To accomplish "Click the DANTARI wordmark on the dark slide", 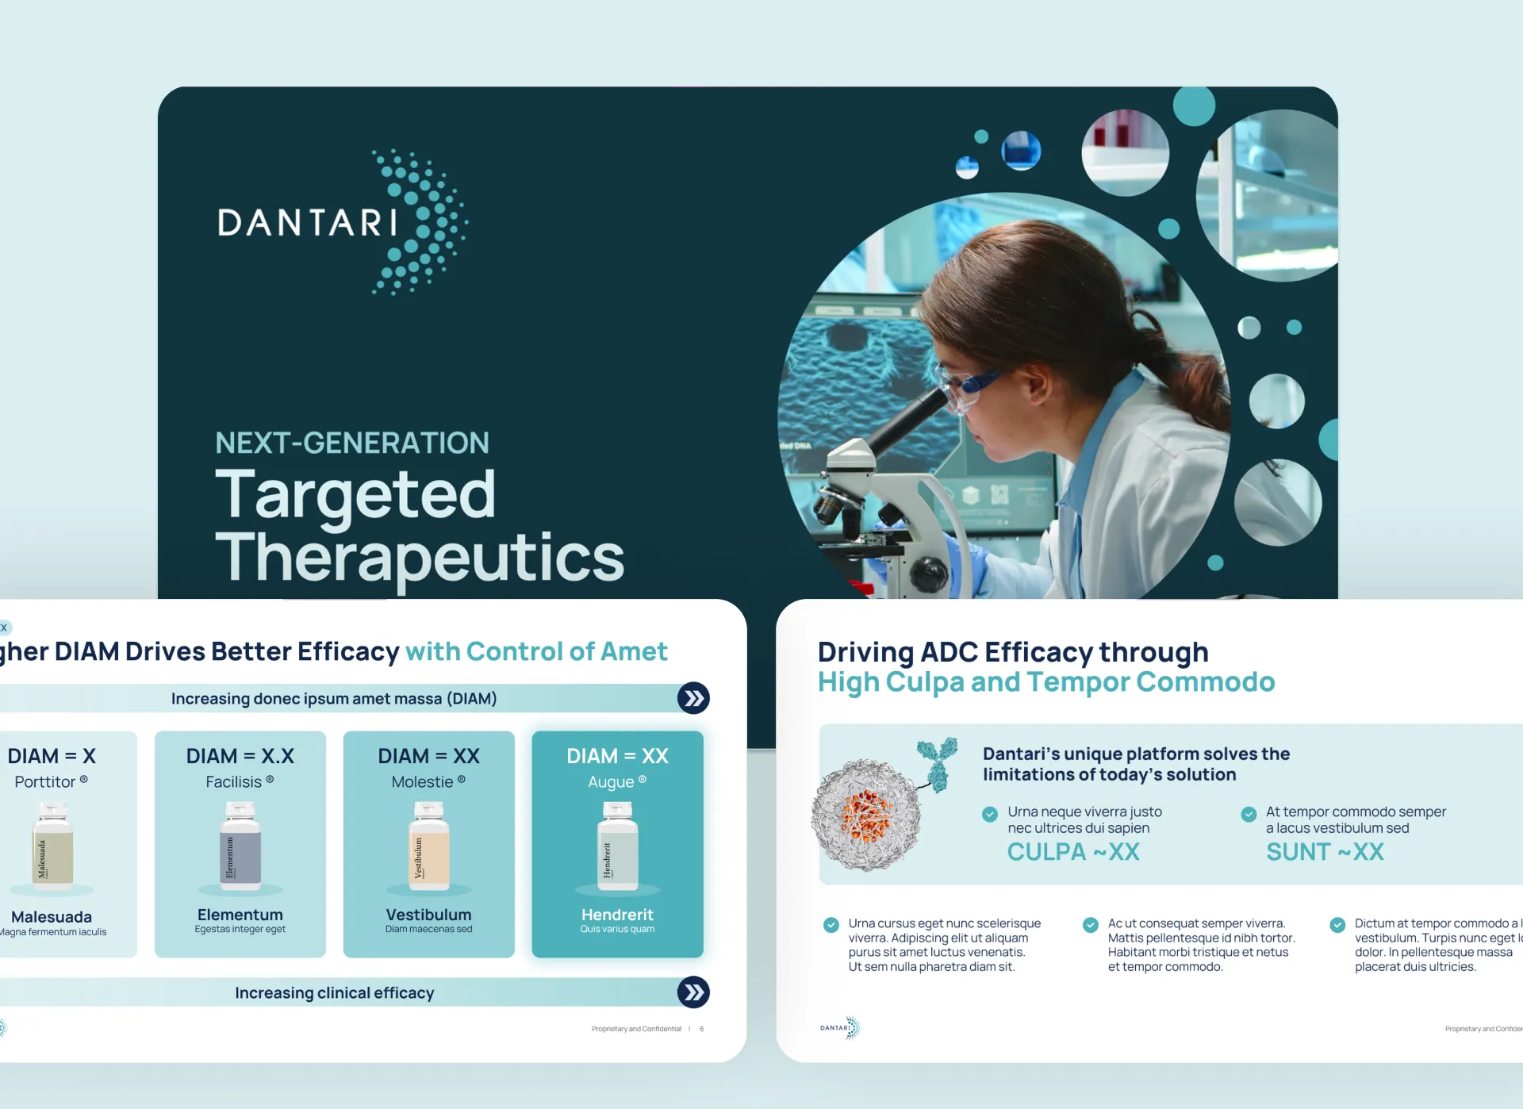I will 308,223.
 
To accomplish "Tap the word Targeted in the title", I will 355,494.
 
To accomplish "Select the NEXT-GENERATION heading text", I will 352,443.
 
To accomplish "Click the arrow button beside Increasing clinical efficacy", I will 693,992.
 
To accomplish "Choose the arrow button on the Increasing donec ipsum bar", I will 693,698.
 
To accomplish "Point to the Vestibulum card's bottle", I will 428,846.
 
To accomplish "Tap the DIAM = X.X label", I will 240,756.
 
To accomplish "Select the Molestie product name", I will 422,782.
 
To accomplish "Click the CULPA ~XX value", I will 1073,852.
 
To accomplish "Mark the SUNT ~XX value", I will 1325,852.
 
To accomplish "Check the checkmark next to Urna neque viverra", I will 990,814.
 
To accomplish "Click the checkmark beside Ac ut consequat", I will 1091,924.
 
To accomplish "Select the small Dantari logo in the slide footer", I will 840,1028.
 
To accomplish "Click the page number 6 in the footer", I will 701,1029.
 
